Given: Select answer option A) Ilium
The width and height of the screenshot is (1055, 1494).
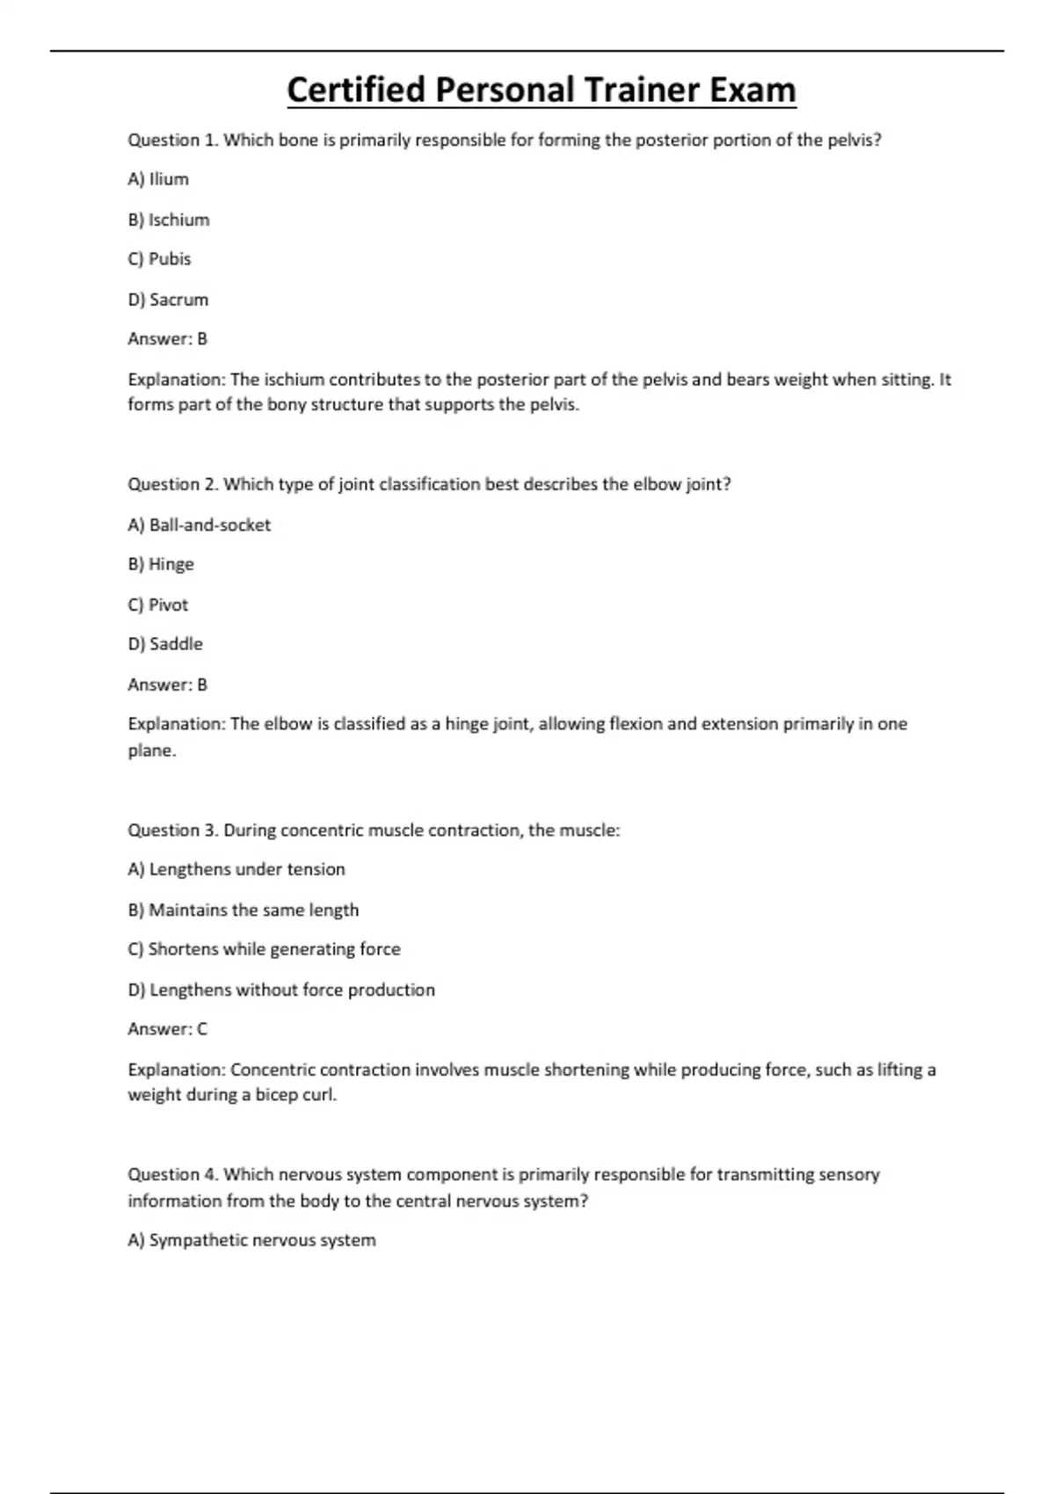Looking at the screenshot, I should coord(158,179).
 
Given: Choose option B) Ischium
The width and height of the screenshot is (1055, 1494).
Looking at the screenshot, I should coord(169,220).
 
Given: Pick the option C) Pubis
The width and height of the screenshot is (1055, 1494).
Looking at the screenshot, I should coord(159,259).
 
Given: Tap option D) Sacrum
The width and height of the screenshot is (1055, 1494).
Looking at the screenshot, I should coord(168,300).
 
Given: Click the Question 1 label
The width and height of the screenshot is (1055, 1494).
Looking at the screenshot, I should coord(173,140).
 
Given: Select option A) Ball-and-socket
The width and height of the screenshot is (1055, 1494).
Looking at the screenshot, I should coord(200,525).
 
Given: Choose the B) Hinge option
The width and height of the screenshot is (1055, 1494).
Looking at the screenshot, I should coord(161,564).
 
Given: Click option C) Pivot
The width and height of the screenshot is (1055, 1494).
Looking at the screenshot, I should coord(158,605).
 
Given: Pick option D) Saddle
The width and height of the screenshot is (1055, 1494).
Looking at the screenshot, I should coord(165,644).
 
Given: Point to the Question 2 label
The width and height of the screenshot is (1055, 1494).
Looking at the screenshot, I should coord(173,484).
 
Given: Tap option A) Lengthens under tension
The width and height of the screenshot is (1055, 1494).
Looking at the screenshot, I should coord(236,869).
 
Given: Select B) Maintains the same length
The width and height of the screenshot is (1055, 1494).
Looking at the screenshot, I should coord(244,910).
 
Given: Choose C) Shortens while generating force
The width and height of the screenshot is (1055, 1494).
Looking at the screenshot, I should coord(264,949).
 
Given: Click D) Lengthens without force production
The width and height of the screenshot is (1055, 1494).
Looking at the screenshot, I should coord(281,990).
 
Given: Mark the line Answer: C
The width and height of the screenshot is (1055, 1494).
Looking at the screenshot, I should coord(168,1029).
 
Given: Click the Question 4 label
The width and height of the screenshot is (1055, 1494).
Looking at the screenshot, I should coord(173,1175).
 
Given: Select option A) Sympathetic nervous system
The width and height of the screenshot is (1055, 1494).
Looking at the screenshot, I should coord(251,1240).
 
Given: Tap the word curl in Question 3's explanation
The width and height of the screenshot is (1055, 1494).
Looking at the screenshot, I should coord(318,1095).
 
